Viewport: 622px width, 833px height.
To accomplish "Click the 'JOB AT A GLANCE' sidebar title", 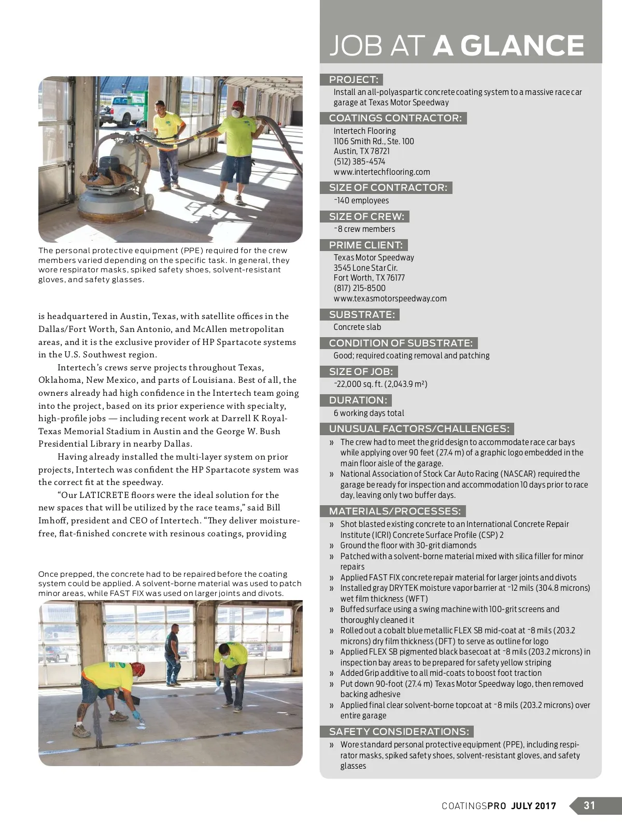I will coord(457,46).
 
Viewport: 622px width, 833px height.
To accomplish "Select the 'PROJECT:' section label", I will coord(354,79).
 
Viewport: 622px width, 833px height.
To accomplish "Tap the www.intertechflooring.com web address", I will coord(381,172).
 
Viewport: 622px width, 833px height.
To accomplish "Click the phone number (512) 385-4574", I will coord(359,161).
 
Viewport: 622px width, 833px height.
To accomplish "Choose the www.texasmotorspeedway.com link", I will coord(390,298).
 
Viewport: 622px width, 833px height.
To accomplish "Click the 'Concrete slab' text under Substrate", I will coord(357,327).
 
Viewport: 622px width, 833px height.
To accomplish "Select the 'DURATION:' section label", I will coord(358,400).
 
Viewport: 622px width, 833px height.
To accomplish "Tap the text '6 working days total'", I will coord(369,413).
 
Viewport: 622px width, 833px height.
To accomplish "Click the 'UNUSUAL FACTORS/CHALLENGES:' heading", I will coord(419,428).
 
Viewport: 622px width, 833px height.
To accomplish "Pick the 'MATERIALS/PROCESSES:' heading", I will coord(394,511).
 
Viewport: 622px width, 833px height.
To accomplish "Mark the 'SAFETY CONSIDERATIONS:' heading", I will coord(399,731).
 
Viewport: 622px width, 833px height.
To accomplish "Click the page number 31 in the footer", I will coord(589,806).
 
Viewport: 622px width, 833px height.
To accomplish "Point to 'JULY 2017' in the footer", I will coord(533,806).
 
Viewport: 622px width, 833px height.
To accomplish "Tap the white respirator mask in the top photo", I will coord(237,112).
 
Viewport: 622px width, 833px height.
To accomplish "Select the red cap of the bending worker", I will coord(138,668).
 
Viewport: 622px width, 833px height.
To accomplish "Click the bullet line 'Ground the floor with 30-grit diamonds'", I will coord(408,545).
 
